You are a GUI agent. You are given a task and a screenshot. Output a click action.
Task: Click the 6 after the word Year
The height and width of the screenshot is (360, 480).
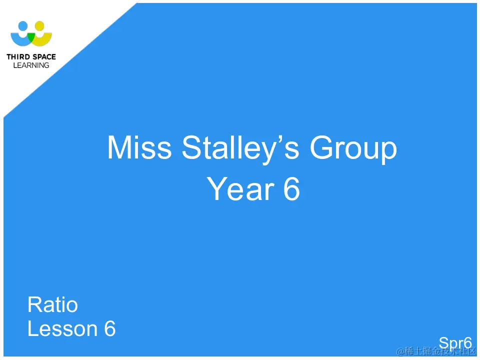[291, 189]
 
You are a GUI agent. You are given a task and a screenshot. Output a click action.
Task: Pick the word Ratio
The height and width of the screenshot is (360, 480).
[52, 304]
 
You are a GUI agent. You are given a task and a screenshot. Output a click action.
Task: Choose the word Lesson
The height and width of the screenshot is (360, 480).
[62, 328]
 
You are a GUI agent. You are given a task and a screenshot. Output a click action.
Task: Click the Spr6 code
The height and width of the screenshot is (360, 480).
[455, 343]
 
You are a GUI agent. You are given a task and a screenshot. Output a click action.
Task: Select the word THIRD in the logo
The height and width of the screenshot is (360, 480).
[17, 57]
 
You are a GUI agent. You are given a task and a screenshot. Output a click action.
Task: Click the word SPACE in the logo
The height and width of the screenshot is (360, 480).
[43, 57]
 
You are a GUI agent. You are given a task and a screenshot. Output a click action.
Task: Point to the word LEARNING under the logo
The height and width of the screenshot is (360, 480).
[31, 65]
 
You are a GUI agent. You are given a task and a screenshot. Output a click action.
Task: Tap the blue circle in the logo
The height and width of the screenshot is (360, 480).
[22, 25]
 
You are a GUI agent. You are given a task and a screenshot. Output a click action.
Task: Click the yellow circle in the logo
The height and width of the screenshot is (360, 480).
[39, 25]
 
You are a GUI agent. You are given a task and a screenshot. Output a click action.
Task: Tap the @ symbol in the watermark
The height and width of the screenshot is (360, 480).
[400, 351]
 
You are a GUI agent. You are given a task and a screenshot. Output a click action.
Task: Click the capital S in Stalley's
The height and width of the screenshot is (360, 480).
[192, 148]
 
